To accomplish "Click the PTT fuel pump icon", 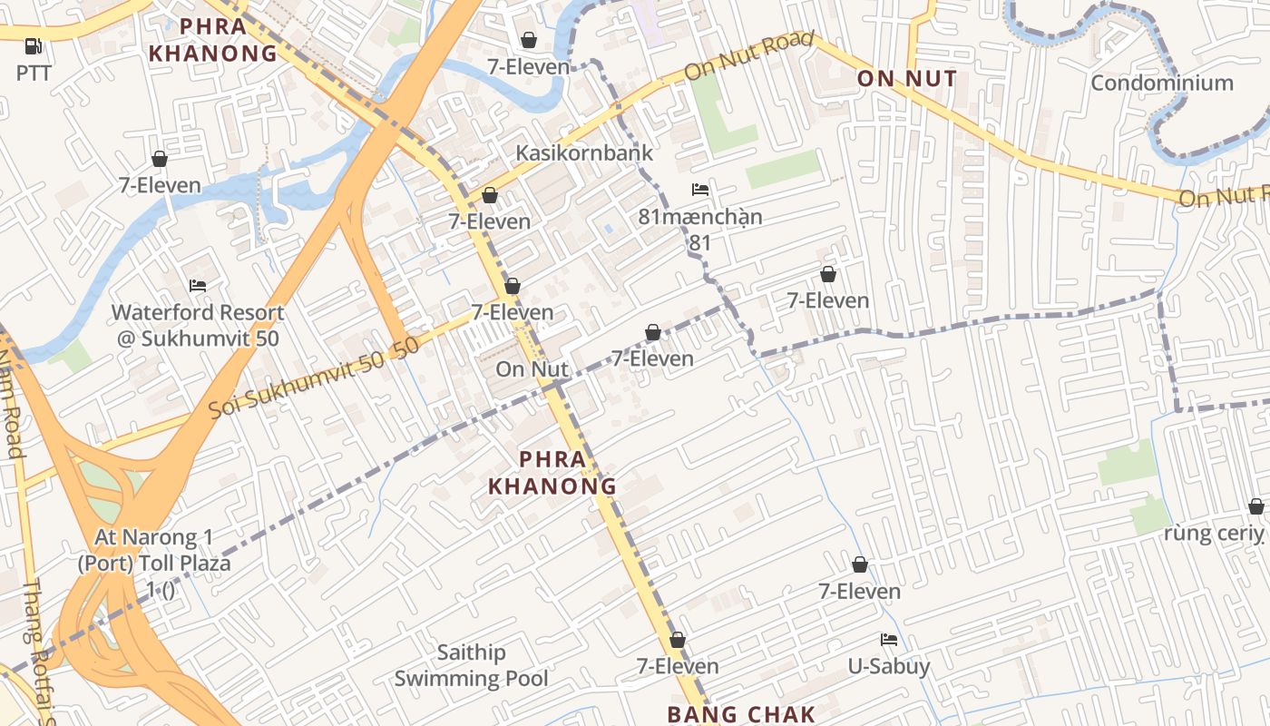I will tap(34, 45).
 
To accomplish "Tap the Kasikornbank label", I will tap(584, 152).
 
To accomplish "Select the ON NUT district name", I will tap(907, 79).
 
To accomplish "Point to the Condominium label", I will tap(1161, 83).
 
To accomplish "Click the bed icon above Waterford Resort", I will tap(198, 286).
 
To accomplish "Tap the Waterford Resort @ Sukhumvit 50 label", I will tap(198, 326).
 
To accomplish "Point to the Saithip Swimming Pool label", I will tap(471, 665).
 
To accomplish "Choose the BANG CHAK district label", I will tap(741, 714).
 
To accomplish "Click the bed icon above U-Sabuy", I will tap(889, 641).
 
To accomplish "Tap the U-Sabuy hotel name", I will tap(889, 667).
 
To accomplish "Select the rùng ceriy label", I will tap(1214, 533).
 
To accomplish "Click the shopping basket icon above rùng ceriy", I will tap(1255, 506).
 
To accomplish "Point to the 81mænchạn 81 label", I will tap(699, 230).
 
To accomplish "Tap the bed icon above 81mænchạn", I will tap(699, 190).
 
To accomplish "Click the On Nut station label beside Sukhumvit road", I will tap(532, 369).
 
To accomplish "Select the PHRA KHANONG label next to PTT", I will tap(213, 40).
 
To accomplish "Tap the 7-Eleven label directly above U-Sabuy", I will tap(859, 592).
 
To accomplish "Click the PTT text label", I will tap(34, 73).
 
